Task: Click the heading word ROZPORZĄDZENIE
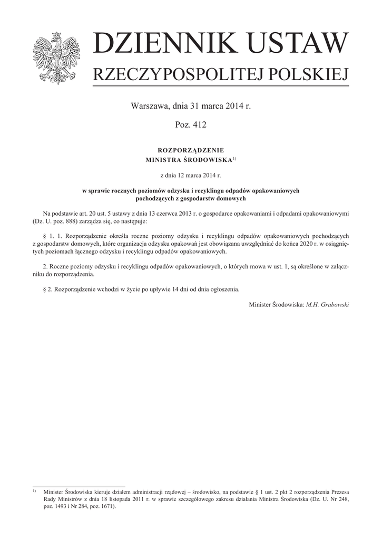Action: pyautogui.click(x=191, y=150)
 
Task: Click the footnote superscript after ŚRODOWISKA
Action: pyautogui.click(x=234, y=158)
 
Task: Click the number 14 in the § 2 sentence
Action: pyautogui.click(x=180, y=290)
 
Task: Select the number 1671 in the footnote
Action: pyautogui.click(x=105, y=505)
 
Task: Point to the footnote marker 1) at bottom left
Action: pyautogui.click(x=35, y=490)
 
